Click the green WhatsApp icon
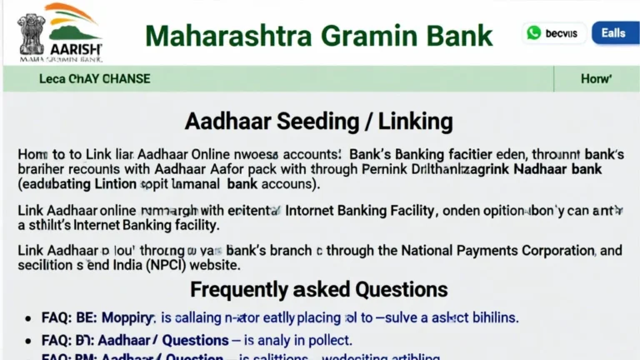pyautogui.click(x=533, y=33)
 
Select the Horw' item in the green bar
pyautogui.click(x=596, y=79)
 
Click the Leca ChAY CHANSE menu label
pyautogui.click(x=95, y=79)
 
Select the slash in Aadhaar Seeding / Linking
pyautogui.click(x=367, y=122)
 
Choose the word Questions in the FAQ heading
pyautogui.click(x=401, y=290)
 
